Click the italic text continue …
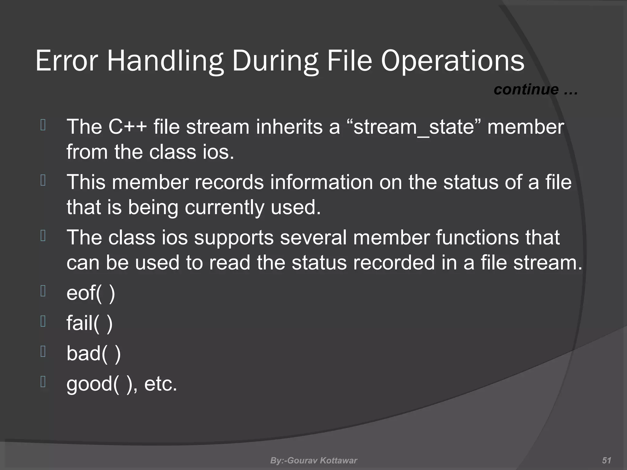click(x=535, y=90)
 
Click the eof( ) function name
click(x=91, y=293)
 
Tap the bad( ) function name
click(x=93, y=353)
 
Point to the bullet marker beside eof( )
click(x=43, y=291)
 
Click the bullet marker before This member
click(x=43, y=180)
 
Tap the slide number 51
click(x=606, y=460)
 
